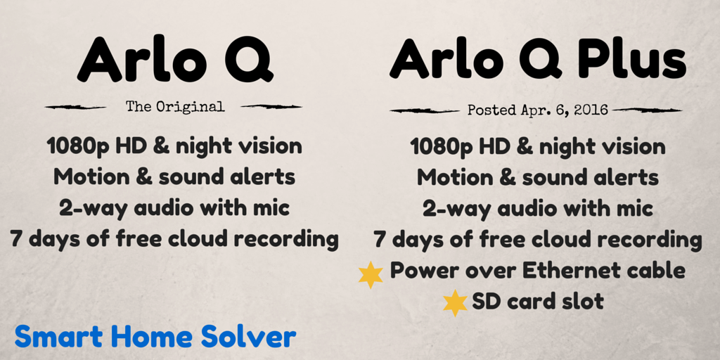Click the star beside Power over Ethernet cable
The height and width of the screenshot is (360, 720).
click(371, 275)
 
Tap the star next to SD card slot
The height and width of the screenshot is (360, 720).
click(455, 302)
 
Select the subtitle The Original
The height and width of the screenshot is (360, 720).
click(175, 107)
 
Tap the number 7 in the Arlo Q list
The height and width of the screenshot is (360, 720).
click(16, 240)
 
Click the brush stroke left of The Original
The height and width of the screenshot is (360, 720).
click(75, 107)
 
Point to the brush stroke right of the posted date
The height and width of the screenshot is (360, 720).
click(648, 110)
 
